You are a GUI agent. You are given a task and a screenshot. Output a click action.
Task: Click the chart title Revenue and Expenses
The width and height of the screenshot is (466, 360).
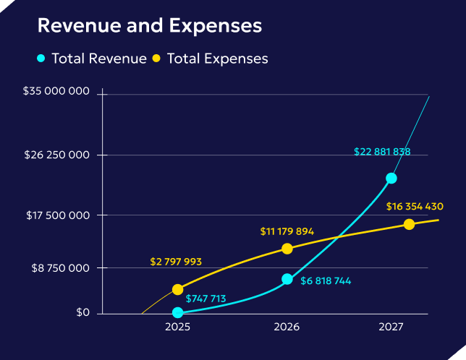point(149,26)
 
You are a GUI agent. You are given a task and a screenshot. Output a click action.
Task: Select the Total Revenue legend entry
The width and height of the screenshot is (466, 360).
point(92,59)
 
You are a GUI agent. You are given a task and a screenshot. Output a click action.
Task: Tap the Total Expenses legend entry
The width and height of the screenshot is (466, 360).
point(210,59)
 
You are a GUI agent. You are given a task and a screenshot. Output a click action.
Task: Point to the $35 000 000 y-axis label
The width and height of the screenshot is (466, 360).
point(56,92)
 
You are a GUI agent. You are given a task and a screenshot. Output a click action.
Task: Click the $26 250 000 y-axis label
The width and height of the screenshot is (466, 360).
point(56,155)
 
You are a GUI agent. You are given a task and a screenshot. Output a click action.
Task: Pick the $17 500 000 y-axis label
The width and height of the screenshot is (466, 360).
point(56,215)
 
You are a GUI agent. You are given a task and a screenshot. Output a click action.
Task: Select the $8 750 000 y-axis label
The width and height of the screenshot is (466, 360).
point(59,267)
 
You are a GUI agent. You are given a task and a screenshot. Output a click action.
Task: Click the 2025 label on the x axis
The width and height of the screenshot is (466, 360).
point(177,327)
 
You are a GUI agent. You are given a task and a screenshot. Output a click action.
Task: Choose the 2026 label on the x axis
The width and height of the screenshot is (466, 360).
point(287,327)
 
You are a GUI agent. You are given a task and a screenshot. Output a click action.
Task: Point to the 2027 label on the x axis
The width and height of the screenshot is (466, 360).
point(391,327)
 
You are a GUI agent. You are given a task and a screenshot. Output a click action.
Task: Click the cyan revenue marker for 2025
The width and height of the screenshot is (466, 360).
point(178,313)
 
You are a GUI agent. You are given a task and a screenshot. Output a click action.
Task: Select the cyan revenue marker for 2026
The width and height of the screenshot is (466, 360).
point(287,279)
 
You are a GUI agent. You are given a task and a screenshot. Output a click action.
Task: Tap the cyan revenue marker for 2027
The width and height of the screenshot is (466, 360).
point(391,178)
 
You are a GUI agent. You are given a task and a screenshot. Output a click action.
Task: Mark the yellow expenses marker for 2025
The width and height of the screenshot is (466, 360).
point(178,289)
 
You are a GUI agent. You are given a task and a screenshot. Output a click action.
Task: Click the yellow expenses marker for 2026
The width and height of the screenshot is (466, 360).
point(287,249)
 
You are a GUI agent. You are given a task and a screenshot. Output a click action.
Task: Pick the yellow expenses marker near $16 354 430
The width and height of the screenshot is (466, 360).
point(410,224)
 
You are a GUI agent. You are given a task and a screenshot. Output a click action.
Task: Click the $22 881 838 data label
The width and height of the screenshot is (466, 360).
point(382,152)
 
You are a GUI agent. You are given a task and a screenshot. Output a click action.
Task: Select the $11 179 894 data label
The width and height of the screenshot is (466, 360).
point(287,231)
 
